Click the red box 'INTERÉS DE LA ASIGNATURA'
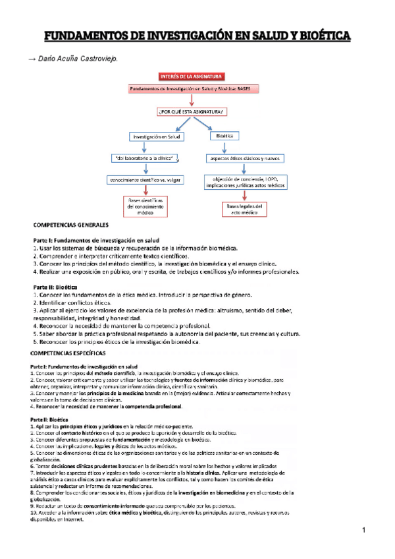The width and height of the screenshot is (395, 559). coord(192,77)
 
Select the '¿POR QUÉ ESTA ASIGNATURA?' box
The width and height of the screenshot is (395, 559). coord(191,111)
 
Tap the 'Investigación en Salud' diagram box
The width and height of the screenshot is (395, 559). coord(157,136)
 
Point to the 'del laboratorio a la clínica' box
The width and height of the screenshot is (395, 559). coord(147,158)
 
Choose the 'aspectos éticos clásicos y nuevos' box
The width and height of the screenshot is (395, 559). coord(244,159)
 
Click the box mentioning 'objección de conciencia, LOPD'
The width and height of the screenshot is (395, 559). coord(245,183)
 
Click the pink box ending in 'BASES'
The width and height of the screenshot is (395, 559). coord(191,88)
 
